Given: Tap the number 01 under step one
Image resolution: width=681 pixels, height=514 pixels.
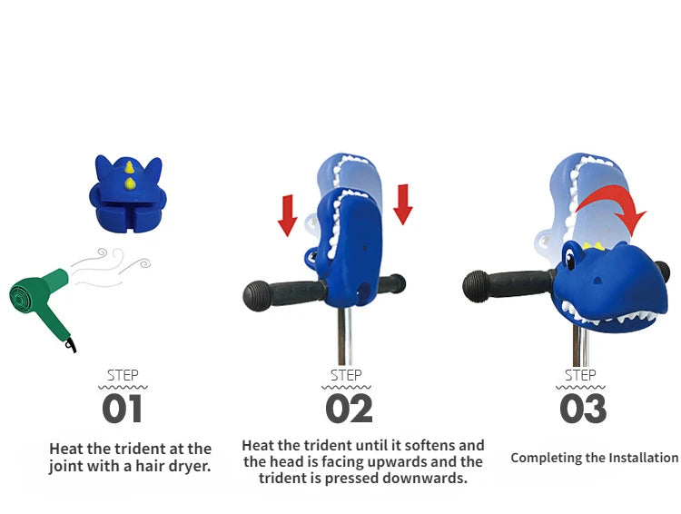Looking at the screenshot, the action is [123, 409].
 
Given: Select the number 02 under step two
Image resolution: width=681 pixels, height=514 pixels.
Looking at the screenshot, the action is [350, 409].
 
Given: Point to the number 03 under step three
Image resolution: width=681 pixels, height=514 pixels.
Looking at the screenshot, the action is [583, 409].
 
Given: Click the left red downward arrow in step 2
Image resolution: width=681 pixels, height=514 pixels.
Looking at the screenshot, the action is [287, 215].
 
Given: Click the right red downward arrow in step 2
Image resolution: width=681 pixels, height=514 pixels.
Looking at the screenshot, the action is [403, 204].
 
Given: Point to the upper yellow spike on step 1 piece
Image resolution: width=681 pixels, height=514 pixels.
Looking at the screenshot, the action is [129, 167].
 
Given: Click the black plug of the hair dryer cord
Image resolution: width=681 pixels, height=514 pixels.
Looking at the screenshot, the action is [71, 345].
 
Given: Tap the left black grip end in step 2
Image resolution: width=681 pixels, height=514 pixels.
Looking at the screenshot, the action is [258, 296].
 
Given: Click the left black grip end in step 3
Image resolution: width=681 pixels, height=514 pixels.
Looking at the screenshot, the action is [476, 286].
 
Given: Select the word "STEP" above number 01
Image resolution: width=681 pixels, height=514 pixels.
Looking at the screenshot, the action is [123, 375].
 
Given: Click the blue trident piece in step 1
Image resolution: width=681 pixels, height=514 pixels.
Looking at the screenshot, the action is [128, 193].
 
